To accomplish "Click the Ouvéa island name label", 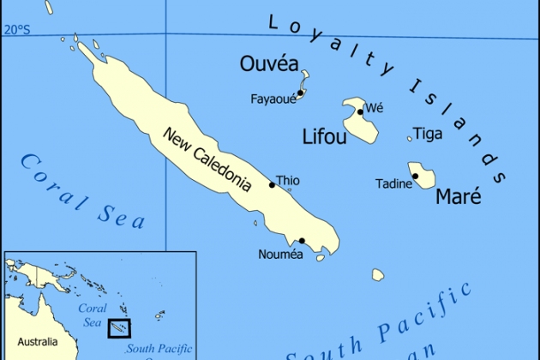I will pos(270,64).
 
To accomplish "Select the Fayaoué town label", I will pos(273,99).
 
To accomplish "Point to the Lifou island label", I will pos(326,136).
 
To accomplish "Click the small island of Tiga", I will pos(409,138).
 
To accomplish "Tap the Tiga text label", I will pos(428,134).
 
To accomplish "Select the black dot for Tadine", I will pos(415,177).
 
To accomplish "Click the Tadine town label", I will pos(393,183).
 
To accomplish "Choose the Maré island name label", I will pos(459,197).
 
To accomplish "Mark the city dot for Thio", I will pos(272,184).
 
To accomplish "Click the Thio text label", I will pos(288,181).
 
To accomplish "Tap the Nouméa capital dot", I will pos(302,241).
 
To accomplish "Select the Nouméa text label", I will pos(280,255).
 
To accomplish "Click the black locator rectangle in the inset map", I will pos(119,328).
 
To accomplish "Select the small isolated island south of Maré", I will pos(378,274).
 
